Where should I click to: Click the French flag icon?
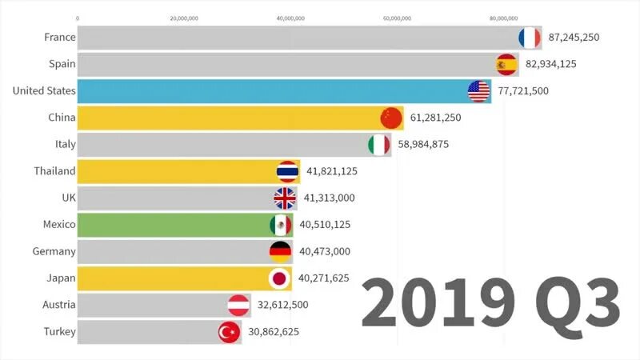[x=530, y=38]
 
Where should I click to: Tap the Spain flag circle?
[x=506, y=64]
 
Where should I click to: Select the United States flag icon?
[x=479, y=91]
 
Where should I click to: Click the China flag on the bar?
[x=391, y=118]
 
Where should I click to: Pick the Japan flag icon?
[x=280, y=278]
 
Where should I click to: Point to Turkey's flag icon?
[x=230, y=331]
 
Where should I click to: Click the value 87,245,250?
[x=574, y=38]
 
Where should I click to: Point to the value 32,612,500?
[x=283, y=305]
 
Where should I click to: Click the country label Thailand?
[x=54, y=171]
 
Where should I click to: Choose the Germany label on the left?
[x=54, y=251]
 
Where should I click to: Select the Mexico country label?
[x=58, y=225]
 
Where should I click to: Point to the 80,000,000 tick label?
[x=503, y=17]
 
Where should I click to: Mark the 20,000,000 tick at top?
[x=184, y=17]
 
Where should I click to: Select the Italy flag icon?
[x=378, y=145]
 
